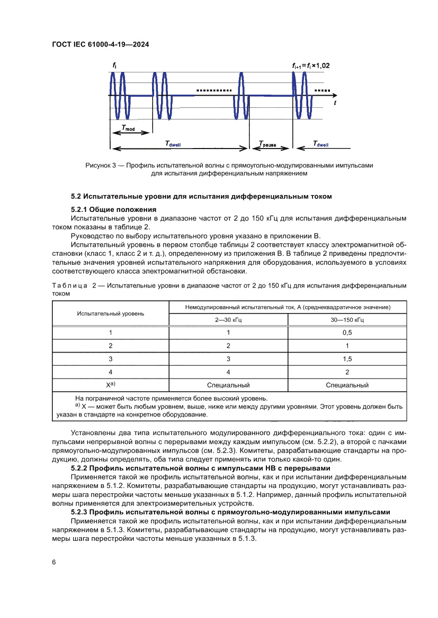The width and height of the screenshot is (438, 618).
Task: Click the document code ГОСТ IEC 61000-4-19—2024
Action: (100, 45)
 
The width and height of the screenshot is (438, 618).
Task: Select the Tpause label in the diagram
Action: (270, 144)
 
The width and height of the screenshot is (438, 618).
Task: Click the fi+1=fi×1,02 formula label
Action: (311, 66)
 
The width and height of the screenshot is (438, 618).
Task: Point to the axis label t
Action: (335, 103)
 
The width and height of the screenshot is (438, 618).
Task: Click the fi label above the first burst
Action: (114, 65)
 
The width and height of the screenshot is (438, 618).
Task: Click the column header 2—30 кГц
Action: (228, 319)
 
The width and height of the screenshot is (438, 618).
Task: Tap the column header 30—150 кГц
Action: (347, 319)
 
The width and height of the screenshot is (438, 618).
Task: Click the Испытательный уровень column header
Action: (110, 313)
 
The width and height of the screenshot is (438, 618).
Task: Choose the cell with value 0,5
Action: (347, 333)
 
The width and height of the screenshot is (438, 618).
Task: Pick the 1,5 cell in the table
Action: (347, 359)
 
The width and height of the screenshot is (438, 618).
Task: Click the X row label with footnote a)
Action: (111, 385)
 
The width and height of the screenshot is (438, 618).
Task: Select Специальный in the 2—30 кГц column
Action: (228, 385)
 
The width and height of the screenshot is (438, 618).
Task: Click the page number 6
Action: (53, 562)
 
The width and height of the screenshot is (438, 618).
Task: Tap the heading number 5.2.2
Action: (81, 468)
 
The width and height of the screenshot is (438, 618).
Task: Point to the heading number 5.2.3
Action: (81, 512)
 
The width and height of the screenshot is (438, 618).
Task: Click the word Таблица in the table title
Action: (69, 286)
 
